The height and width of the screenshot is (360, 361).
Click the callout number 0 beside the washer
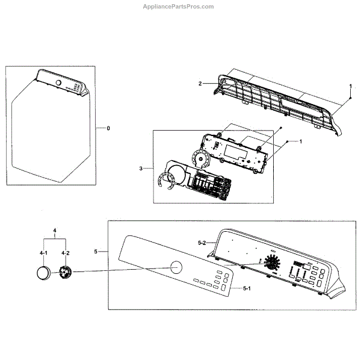click(x=108, y=128)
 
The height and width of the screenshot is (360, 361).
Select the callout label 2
click(x=200, y=84)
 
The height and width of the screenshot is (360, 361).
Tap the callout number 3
click(x=141, y=169)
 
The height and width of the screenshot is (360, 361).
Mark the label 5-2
click(x=203, y=243)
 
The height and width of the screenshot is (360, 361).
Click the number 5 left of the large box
click(x=96, y=250)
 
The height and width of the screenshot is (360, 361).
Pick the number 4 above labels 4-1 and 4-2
click(x=55, y=231)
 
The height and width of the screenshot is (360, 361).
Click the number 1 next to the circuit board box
click(x=300, y=141)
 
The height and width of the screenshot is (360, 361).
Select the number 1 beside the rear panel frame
click(x=351, y=87)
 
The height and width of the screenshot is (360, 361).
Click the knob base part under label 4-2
click(x=66, y=273)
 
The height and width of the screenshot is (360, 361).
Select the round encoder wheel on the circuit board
click(x=199, y=158)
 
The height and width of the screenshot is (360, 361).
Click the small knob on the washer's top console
click(x=58, y=82)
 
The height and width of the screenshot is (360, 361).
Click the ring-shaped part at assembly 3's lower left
click(x=165, y=180)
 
